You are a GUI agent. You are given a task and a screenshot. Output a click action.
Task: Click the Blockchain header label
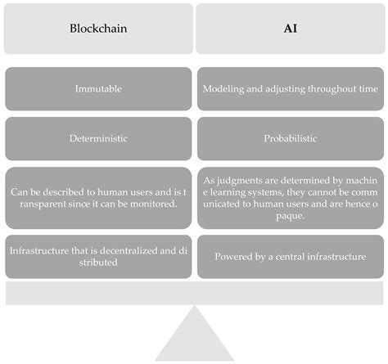(x=98, y=28)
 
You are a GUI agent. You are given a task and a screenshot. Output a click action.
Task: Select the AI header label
(x=290, y=28)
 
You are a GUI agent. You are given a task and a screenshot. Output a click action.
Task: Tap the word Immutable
(x=98, y=88)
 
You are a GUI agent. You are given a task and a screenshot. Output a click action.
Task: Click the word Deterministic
(x=98, y=139)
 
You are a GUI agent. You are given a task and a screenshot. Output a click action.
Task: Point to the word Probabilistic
(x=290, y=139)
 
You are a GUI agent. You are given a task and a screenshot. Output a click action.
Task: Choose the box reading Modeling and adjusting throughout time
(x=290, y=88)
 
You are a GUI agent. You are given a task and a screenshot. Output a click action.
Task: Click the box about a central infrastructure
(x=290, y=256)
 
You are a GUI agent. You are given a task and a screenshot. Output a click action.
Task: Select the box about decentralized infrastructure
(x=98, y=256)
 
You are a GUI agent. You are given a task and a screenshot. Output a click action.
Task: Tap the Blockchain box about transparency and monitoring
(x=98, y=198)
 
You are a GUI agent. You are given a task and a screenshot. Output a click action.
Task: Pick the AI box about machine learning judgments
(x=290, y=198)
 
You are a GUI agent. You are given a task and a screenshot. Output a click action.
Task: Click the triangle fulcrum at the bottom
(x=194, y=335)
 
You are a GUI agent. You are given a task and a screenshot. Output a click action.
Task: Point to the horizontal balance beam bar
(x=194, y=293)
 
